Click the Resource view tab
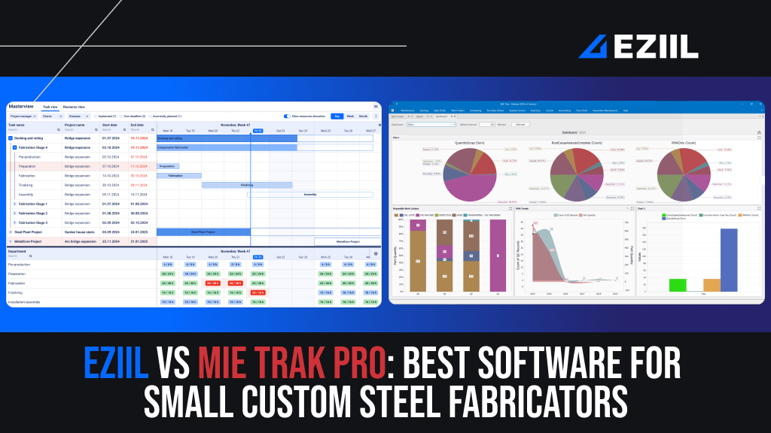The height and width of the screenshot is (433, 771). (x=74, y=107)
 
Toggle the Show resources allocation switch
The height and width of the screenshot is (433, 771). (x=287, y=117)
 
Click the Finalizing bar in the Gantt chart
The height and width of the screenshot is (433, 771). (x=246, y=184)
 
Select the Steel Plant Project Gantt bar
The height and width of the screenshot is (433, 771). (x=203, y=232)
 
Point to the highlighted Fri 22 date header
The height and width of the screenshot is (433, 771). (x=258, y=131)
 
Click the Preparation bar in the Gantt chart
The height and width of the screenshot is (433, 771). (x=168, y=166)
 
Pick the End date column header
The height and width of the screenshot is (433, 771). (x=137, y=126)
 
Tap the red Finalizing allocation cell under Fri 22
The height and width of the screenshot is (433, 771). (x=258, y=292)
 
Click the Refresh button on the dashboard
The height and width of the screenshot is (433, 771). (x=522, y=124)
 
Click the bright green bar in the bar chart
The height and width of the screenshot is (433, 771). (x=677, y=285)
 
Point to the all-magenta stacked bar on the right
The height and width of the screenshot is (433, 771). (x=498, y=256)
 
